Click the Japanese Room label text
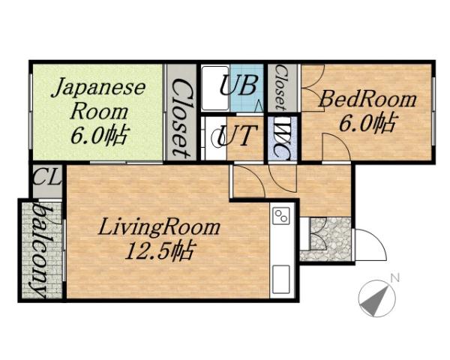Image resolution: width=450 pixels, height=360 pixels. pos(98,98)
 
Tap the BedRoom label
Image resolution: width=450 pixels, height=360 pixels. pos(368,98)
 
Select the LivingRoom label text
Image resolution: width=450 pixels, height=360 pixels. pos(160,227)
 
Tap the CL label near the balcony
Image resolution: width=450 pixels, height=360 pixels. pos(46,181)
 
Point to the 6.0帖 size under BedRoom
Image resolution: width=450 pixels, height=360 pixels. pos(368,122)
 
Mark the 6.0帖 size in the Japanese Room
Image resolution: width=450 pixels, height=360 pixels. pos(98,136)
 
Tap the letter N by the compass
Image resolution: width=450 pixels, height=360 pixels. pos(394,279)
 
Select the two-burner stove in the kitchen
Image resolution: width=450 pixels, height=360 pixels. pos(282,217)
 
